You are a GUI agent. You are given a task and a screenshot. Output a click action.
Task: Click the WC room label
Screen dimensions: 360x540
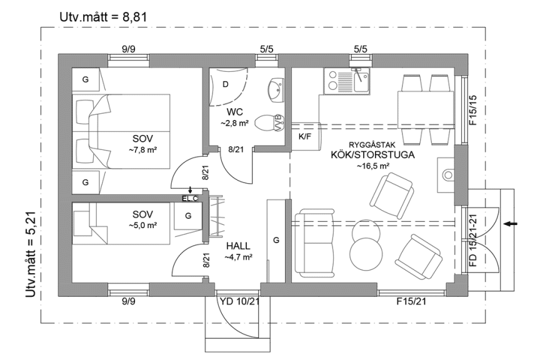[234, 112]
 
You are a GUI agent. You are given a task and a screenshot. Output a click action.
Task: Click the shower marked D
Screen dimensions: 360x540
[226, 84]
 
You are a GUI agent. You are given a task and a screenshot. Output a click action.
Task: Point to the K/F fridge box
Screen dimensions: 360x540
[306, 136]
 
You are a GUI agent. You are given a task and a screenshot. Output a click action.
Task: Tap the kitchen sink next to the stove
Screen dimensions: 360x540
[361, 79]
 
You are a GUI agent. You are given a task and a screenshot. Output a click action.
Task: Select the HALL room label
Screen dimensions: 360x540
[239, 246]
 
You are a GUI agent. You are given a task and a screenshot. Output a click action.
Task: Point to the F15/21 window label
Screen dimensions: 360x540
[411, 302]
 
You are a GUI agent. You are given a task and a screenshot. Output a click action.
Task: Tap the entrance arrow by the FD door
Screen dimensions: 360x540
[511, 223]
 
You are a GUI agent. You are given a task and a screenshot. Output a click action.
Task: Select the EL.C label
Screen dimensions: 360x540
[190, 199]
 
